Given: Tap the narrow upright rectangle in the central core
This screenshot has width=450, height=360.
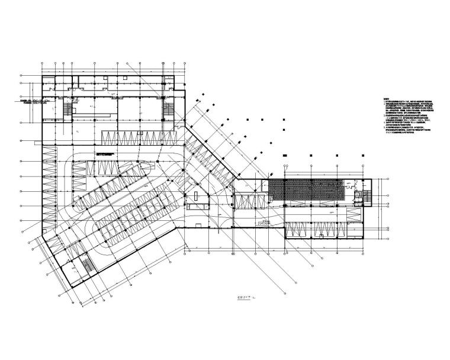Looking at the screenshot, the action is pyautogui.click(x=195, y=195).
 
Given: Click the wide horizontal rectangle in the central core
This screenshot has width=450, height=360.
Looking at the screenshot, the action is pyautogui.click(x=198, y=205).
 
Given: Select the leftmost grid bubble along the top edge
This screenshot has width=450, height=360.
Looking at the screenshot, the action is pyautogui.click(x=42, y=62).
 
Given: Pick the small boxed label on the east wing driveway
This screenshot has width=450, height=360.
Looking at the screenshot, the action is pyautogui.click(x=264, y=222).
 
